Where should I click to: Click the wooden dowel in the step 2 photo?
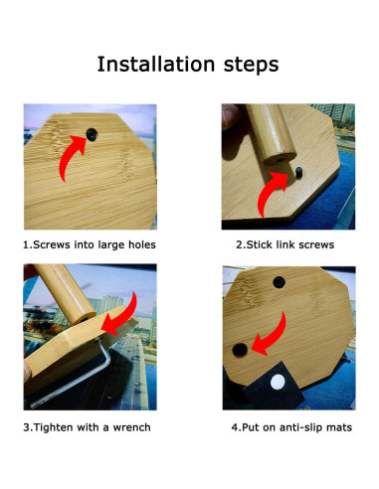pyautogui.click(x=270, y=134)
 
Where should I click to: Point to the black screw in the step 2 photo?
pyautogui.click(x=298, y=175)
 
